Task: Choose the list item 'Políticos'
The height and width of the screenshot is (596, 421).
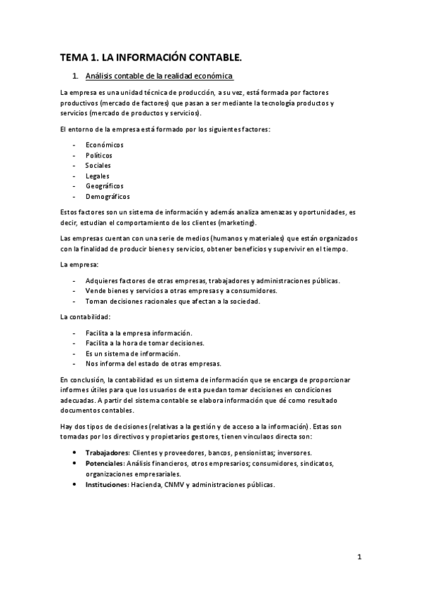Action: point(98,155)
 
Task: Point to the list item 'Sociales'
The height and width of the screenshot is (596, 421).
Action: point(98,165)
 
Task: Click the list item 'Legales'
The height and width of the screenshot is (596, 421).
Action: point(97,176)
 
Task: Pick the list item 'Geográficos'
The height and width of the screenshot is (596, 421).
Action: point(104,186)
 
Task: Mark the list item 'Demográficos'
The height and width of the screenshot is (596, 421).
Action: point(108,197)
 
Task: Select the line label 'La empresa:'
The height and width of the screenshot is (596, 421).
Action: point(79,264)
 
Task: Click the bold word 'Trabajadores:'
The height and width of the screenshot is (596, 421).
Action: point(107,453)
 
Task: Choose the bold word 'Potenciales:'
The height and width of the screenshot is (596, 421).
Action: point(105,464)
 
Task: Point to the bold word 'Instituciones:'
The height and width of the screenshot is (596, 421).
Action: point(108,485)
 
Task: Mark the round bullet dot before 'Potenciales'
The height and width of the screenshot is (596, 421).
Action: point(75,464)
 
